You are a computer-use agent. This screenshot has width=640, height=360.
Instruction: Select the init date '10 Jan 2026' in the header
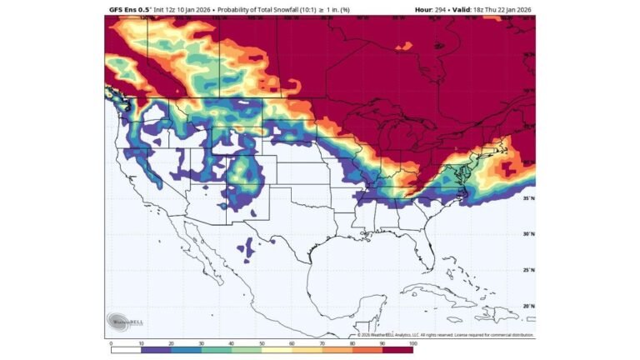[193, 9]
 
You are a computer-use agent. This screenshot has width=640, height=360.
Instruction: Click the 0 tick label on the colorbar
[111, 342]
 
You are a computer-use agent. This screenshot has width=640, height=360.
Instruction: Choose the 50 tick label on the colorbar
[262, 342]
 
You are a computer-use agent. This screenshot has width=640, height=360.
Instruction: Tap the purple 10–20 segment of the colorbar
[156, 350]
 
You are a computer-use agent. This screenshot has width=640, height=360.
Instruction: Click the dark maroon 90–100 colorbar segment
[397, 350]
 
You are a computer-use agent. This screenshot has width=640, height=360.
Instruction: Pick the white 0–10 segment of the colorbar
[126, 350]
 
